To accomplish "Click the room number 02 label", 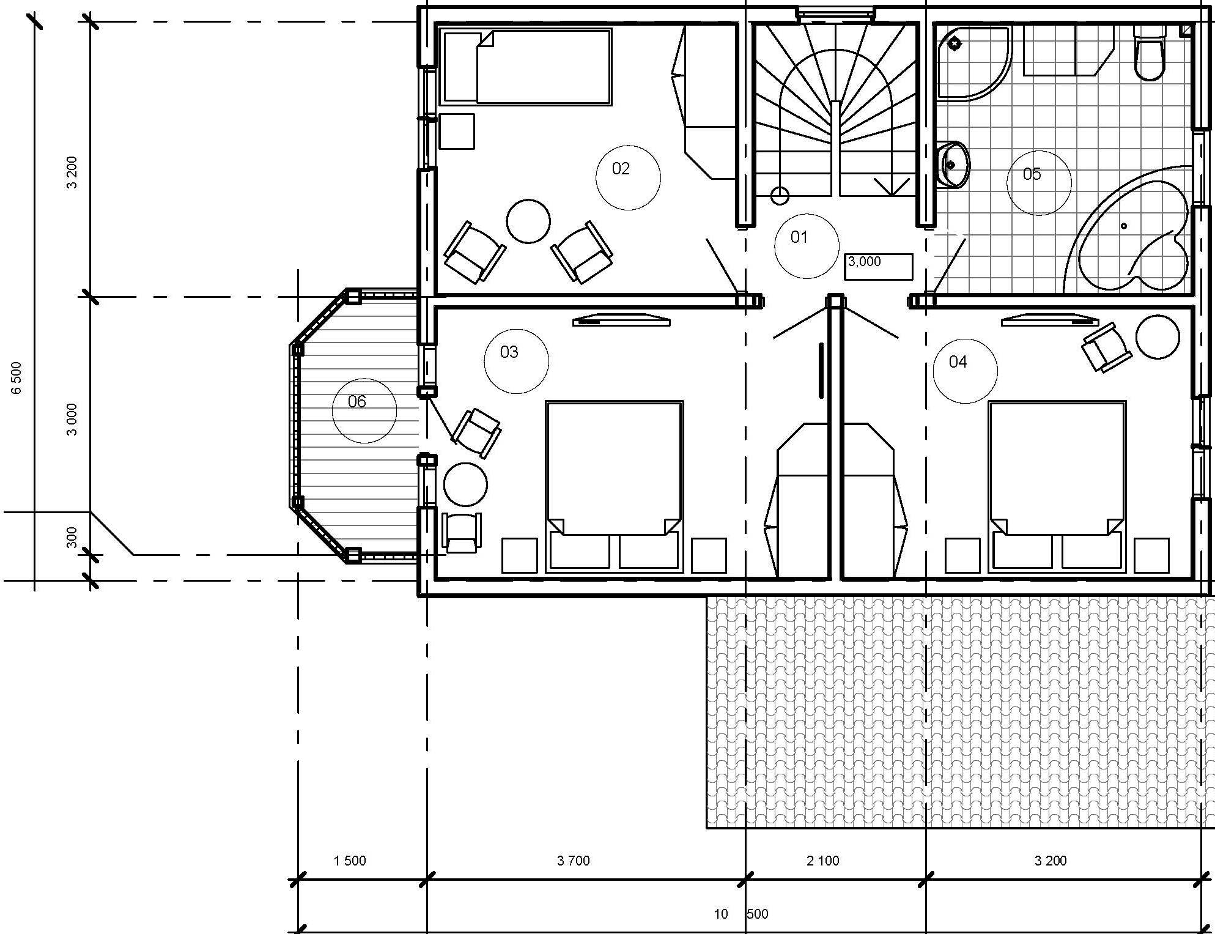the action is click(621, 169).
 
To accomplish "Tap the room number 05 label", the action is click(1032, 174).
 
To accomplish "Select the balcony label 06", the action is click(357, 401).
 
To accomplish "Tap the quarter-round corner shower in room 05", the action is click(973, 62).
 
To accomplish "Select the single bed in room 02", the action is click(527, 67).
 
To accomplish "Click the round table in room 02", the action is click(528, 221).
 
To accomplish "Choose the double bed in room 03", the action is click(615, 487).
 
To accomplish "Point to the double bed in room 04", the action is click(1057, 487).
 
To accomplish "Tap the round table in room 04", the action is click(1158, 336).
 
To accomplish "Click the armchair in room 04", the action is click(1107, 347).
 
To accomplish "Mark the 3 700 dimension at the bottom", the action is click(574, 861).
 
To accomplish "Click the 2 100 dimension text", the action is click(823, 861).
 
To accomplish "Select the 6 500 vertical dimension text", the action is click(17, 378).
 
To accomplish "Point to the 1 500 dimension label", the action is click(350, 861).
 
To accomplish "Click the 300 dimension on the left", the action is click(72, 537).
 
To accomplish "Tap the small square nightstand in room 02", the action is click(457, 131).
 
